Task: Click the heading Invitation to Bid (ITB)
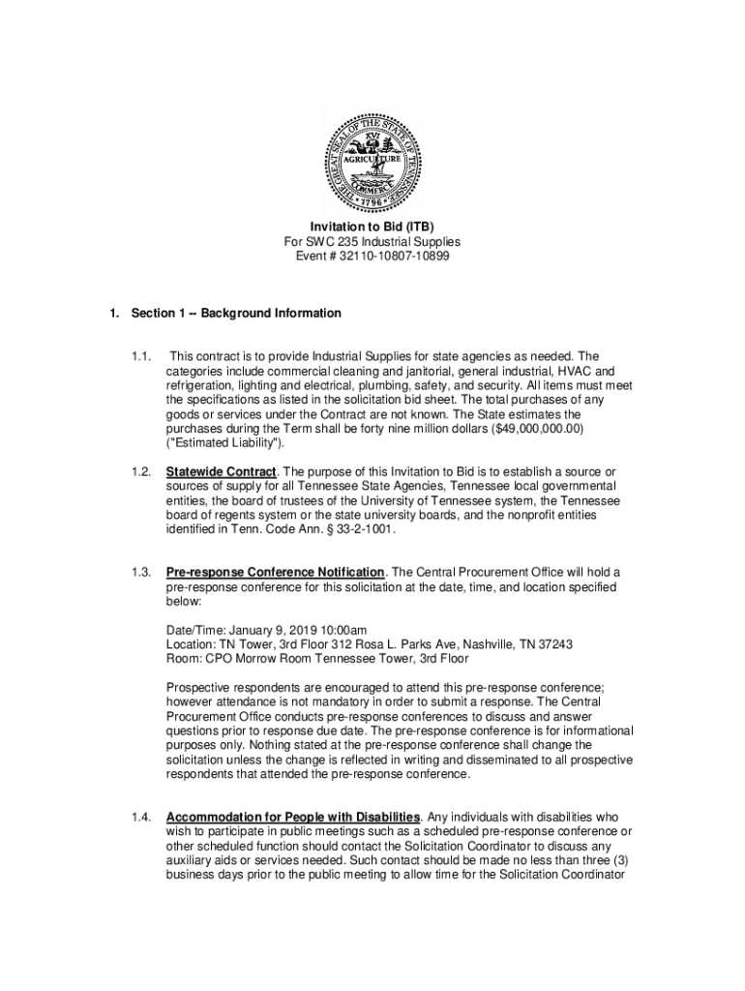tap(372, 226)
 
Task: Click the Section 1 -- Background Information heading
tap(236, 313)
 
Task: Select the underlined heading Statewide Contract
tap(221, 472)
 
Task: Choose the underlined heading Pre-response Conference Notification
tap(276, 573)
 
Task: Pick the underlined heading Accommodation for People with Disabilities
tap(294, 817)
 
